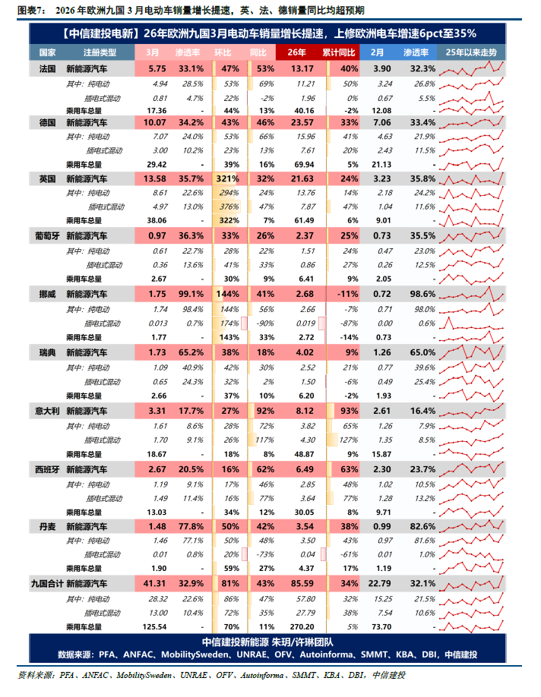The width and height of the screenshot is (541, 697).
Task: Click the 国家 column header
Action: click(x=47, y=52)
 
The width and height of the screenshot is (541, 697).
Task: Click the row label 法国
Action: click(x=47, y=68)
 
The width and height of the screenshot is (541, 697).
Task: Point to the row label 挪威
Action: click(x=47, y=293)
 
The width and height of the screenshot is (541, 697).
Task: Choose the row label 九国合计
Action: click(x=46, y=584)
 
